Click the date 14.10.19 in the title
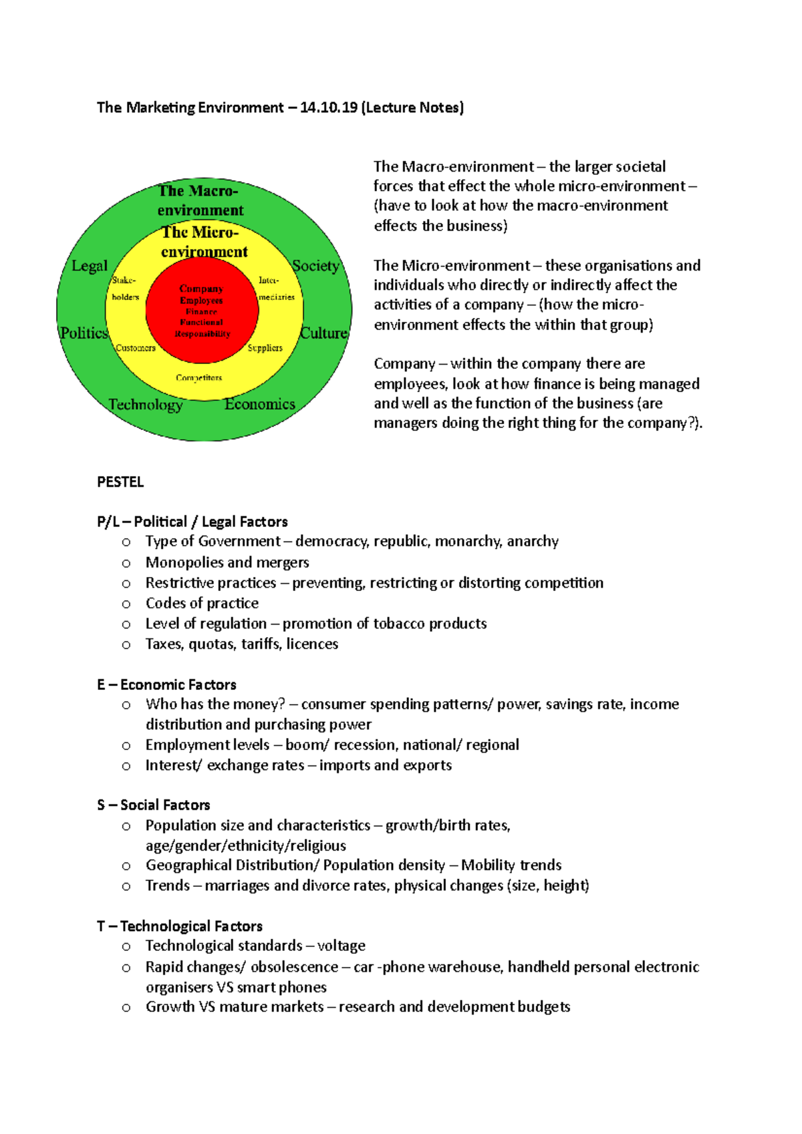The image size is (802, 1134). point(329,108)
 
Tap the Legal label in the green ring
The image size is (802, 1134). point(90,266)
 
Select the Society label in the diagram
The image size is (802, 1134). point(315,266)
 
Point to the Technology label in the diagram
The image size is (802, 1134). point(146,405)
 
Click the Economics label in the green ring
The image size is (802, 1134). point(259,404)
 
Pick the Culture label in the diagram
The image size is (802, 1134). point(324,333)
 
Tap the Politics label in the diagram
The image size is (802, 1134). point(84,333)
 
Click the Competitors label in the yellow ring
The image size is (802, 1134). point(199,378)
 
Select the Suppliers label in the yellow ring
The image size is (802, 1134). point(265,348)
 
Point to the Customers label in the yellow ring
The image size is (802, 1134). point(136,348)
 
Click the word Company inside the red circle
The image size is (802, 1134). point(201,289)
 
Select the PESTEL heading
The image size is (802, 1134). point(120,482)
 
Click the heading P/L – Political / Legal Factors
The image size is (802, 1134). point(192,522)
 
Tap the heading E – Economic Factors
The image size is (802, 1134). point(166,685)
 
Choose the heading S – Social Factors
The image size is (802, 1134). point(154,805)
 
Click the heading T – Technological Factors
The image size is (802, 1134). point(179,926)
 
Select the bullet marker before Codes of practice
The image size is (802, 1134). point(126,604)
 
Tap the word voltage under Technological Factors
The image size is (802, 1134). point(342,946)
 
